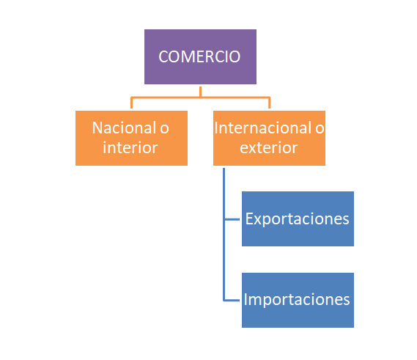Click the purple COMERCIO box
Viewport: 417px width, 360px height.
click(x=200, y=56)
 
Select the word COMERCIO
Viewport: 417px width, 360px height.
click(x=199, y=56)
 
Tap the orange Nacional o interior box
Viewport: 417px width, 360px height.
click(x=131, y=138)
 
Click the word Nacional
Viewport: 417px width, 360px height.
click(x=124, y=128)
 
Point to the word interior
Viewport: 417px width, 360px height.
click(x=130, y=147)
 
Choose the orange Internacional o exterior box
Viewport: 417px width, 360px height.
click(x=269, y=138)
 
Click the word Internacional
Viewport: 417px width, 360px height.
click(x=263, y=128)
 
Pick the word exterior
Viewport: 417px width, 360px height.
click(x=269, y=148)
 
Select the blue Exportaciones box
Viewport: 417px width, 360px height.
click(x=298, y=218)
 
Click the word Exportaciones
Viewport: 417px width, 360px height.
click(x=297, y=219)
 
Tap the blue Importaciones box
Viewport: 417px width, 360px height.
click(x=298, y=300)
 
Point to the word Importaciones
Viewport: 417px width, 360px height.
click(x=297, y=300)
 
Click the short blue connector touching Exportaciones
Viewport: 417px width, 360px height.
click(x=232, y=219)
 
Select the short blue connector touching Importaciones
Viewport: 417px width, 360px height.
click(x=232, y=301)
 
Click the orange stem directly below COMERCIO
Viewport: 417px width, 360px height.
click(x=201, y=92)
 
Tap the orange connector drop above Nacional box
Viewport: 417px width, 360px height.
click(x=131, y=103)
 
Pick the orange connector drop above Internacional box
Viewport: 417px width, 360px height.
click(x=270, y=103)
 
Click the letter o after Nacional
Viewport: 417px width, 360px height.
click(x=164, y=129)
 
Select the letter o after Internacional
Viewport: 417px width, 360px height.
click(x=320, y=129)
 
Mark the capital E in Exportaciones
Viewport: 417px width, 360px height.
click(x=249, y=218)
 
